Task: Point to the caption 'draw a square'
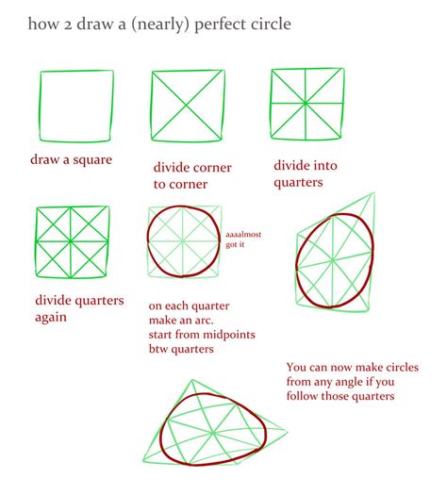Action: click(70, 159)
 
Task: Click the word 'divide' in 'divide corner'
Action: click(175, 168)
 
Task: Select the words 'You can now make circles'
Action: click(347, 367)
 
